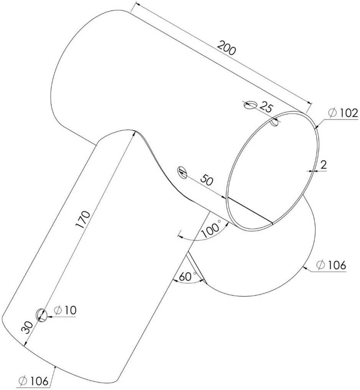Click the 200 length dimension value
tap(227, 49)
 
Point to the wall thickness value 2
tap(323, 165)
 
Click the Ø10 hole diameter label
tap(65, 310)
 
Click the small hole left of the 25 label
tap(250, 104)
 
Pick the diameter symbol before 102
tap(332, 113)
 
